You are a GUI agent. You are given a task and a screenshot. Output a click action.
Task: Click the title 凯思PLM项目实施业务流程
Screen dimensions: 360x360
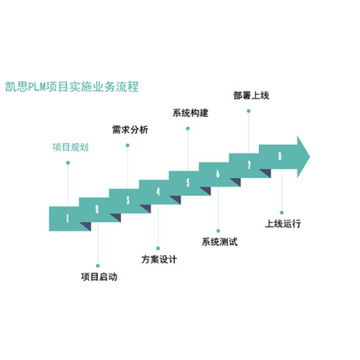(72, 86)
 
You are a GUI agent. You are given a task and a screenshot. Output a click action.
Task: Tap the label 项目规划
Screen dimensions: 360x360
(71, 147)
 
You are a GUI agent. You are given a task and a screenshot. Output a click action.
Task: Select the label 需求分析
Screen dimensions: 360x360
(130, 130)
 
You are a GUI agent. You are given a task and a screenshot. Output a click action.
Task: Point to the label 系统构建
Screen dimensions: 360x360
(190, 113)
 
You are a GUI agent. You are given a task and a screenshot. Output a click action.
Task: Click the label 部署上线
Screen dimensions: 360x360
(251, 96)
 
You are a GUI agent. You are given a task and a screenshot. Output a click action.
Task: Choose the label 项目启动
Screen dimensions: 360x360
(99, 276)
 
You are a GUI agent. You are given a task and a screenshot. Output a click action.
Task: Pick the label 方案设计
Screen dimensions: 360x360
(159, 259)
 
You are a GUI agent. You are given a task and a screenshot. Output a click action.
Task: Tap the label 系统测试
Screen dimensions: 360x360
(220, 242)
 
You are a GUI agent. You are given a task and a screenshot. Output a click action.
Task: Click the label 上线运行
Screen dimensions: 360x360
(283, 224)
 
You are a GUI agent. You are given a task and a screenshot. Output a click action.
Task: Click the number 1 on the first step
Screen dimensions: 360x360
(68, 218)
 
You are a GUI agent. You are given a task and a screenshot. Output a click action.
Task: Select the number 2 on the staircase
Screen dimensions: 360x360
(97, 210)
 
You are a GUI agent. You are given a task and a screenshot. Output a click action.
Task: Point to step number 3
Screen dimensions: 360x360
(128, 200)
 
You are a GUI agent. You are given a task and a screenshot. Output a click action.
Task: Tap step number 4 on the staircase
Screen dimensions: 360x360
(158, 192)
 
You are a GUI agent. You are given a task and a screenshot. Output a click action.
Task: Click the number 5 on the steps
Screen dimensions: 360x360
(188, 183)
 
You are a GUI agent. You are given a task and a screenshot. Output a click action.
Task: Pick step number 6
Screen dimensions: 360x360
(217, 174)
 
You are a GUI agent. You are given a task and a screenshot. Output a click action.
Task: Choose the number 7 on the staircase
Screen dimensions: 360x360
(249, 165)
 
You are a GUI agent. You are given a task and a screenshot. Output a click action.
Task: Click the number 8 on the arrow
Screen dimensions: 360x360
(279, 156)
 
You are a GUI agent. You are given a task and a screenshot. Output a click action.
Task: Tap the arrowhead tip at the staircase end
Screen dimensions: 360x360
(310, 157)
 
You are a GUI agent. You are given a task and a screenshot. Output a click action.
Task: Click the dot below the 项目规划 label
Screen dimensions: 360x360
(68, 163)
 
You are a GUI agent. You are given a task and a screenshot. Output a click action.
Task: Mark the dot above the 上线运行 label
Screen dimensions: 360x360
(282, 212)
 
